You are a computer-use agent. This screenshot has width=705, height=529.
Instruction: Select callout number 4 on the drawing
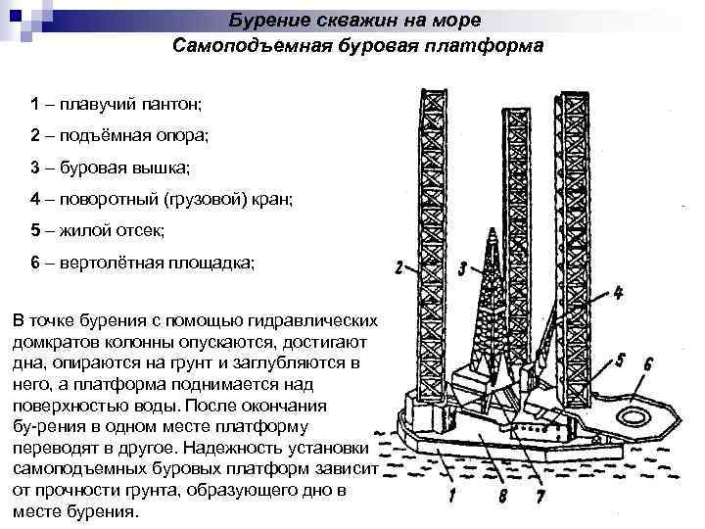tap(619, 292)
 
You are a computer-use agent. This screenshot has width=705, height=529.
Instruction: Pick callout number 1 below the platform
tap(451, 497)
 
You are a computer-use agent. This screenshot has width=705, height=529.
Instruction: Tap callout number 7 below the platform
tap(540, 497)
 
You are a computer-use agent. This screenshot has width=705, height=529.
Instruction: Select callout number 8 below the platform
tap(501, 497)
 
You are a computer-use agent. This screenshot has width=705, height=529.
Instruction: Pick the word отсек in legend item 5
tap(143, 230)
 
